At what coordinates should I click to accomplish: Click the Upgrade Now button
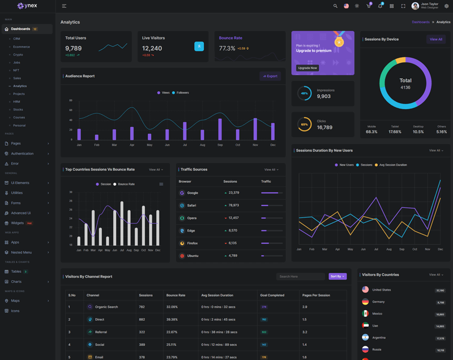point(307,68)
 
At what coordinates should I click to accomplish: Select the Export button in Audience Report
point(270,76)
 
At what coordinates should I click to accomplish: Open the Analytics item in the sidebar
point(20,86)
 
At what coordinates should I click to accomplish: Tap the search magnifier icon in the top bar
point(335,6)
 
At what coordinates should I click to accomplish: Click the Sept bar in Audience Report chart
point(220,129)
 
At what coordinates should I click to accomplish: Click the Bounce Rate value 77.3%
point(227,49)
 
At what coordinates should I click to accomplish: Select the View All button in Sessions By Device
point(435,40)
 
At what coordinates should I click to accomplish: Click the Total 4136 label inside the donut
point(405,84)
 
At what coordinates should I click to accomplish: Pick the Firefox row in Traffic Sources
point(193,243)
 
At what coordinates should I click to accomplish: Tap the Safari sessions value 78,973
point(233,205)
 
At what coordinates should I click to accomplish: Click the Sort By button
point(337,276)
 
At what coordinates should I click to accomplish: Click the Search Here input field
point(301,276)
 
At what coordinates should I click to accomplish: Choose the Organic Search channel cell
point(106,307)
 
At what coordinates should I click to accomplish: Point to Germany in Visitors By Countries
point(378,302)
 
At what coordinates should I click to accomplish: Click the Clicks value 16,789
point(324,127)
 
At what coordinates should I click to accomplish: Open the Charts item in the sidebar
point(16,281)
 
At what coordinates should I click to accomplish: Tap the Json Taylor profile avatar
point(415,6)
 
